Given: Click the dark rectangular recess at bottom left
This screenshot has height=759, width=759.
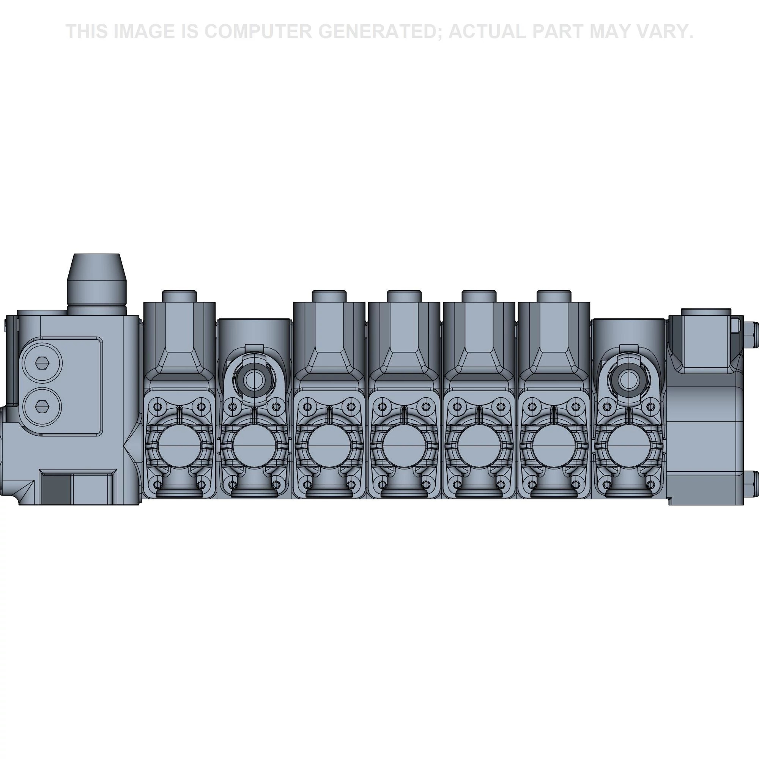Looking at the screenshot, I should pyautogui.click(x=56, y=487).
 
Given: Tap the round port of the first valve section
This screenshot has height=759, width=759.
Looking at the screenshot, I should pyautogui.click(x=179, y=447).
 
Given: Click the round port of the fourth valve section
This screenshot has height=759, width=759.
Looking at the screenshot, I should pyautogui.click(x=404, y=447).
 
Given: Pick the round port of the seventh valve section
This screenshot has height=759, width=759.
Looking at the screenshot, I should pyautogui.click(x=628, y=447).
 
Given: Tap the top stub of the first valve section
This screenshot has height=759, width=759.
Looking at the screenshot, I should pyautogui.click(x=179, y=296).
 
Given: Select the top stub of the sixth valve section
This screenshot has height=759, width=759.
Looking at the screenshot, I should pyautogui.click(x=554, y=296).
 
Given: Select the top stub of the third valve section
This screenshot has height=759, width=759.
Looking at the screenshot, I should pyautogui.click(x=329, y=296).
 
